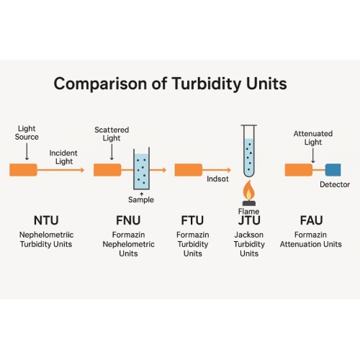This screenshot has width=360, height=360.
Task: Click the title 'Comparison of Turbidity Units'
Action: [170, 84]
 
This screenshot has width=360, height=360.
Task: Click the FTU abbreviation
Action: [192, 220]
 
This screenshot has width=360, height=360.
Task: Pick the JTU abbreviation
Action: [248, 220]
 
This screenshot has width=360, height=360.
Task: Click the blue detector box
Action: [333, 170]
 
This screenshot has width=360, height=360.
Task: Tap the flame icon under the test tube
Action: [248, 191]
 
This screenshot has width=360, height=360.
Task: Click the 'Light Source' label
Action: [27, 132]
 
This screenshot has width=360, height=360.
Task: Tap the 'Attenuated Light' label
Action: [312, 138]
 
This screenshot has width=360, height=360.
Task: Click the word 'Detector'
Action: [334, 185]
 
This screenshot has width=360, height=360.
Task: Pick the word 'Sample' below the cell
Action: [141, 199]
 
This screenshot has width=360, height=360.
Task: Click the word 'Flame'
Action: [248, 211]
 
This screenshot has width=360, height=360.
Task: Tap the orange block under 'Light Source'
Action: [23, 170]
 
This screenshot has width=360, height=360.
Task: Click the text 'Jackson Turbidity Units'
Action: [248, 244]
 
